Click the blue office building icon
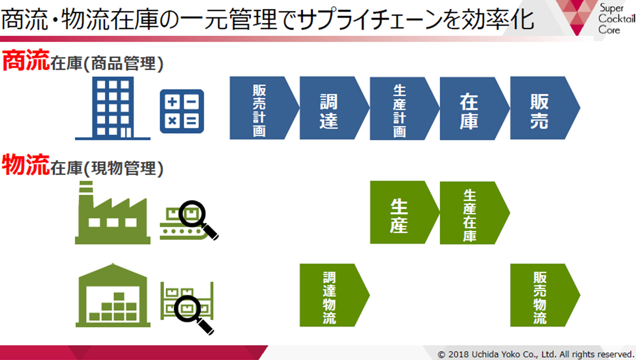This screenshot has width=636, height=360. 113,108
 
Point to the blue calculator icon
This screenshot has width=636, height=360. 182,111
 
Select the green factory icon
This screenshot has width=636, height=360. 113,213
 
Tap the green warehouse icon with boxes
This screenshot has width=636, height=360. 113,295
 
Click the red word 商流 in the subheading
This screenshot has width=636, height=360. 26,60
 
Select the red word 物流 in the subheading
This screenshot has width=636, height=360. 26,165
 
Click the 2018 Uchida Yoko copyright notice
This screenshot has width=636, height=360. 536,354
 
